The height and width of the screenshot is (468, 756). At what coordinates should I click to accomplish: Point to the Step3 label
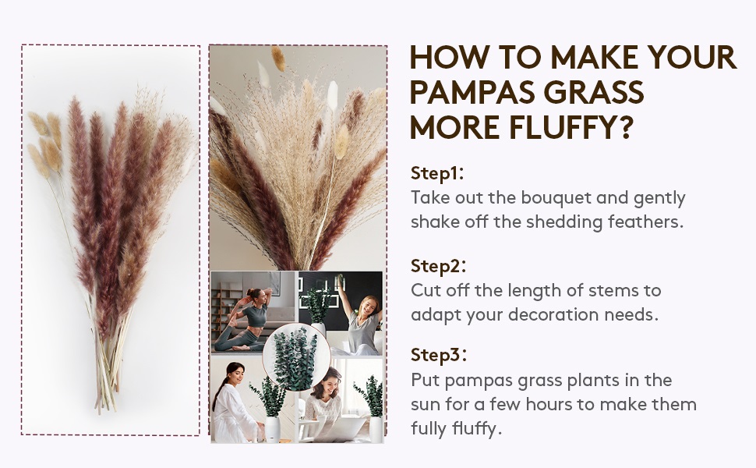(437, 356)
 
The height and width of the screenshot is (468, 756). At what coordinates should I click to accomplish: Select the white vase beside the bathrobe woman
(272, 428)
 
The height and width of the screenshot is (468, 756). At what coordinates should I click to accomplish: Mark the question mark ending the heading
(623, 126)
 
